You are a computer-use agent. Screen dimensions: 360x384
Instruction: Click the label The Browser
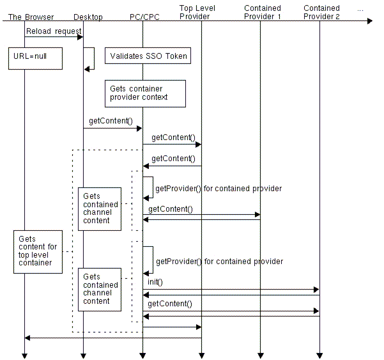click(x=31, y=17)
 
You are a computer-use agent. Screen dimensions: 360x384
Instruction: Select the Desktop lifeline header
click(x=88, y=17)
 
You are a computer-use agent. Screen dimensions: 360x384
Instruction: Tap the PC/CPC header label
click(x=144, y=17)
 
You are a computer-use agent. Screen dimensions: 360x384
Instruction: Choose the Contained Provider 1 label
click(x=262, y=12)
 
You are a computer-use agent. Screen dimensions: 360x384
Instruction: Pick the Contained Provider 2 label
click(x=321, y=12)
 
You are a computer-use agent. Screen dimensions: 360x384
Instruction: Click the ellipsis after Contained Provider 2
click(x=360, y=9)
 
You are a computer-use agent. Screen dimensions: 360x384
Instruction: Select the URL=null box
click(x=36, y=58)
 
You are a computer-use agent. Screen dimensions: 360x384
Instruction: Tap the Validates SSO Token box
click(x=148, y=56)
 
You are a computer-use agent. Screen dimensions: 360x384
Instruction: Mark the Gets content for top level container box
click(x=38, y=252)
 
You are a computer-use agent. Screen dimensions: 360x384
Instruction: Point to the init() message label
click(x=156, y=282)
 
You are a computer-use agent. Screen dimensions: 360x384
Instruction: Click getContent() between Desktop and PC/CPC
click(x=111, y=120)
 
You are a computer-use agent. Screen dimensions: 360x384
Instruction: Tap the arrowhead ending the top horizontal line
click(x=368, y=21)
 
